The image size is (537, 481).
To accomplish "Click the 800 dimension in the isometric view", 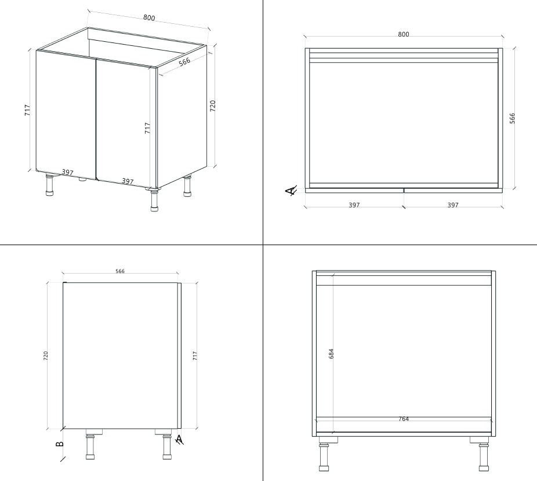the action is [x=149, y=17].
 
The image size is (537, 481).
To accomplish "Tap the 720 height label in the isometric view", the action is [x=213, y=106].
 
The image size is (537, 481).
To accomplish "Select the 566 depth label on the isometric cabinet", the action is [x=184, y=62].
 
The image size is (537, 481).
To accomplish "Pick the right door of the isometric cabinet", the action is [x=124, y=124].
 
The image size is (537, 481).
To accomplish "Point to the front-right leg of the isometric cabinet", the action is [x=154, y=200].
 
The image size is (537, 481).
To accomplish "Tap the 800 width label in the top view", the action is [x=404, y=34].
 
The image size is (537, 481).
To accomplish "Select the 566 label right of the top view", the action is [x=512, y=119].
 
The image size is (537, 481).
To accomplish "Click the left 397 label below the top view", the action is [x=354, y=205].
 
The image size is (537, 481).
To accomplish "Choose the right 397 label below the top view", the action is [x=453, y=205].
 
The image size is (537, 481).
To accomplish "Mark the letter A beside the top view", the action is [x=291, y=191].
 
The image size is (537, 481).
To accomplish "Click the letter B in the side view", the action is [x=59, y=444].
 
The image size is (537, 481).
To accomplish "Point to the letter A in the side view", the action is [x=179, y=440].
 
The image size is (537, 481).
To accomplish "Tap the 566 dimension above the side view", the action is [x=120, y=271].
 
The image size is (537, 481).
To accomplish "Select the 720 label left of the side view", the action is [x=46, y=356].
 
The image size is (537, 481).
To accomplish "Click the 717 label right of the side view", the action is [x=195, y=356].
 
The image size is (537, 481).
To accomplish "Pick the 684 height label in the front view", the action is [x=331, y=354].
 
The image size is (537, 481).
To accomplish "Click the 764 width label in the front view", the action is [x=404, y=419].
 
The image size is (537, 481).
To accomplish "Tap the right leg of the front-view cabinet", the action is [x=484, y=454].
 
